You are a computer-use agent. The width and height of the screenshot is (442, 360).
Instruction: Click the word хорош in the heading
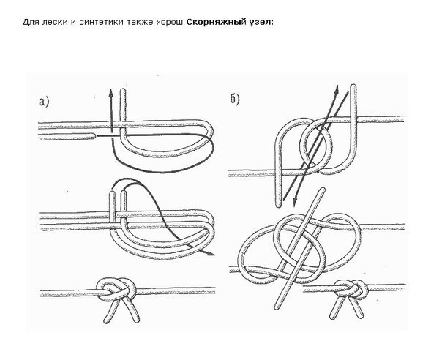click(165, 23)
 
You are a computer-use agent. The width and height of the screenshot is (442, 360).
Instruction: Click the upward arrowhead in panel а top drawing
click(108, 91)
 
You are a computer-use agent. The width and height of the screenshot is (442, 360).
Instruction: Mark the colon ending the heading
click(272, 23)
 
